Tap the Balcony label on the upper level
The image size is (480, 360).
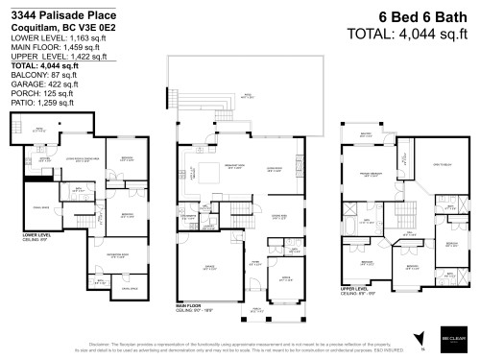(x=366, y=134)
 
